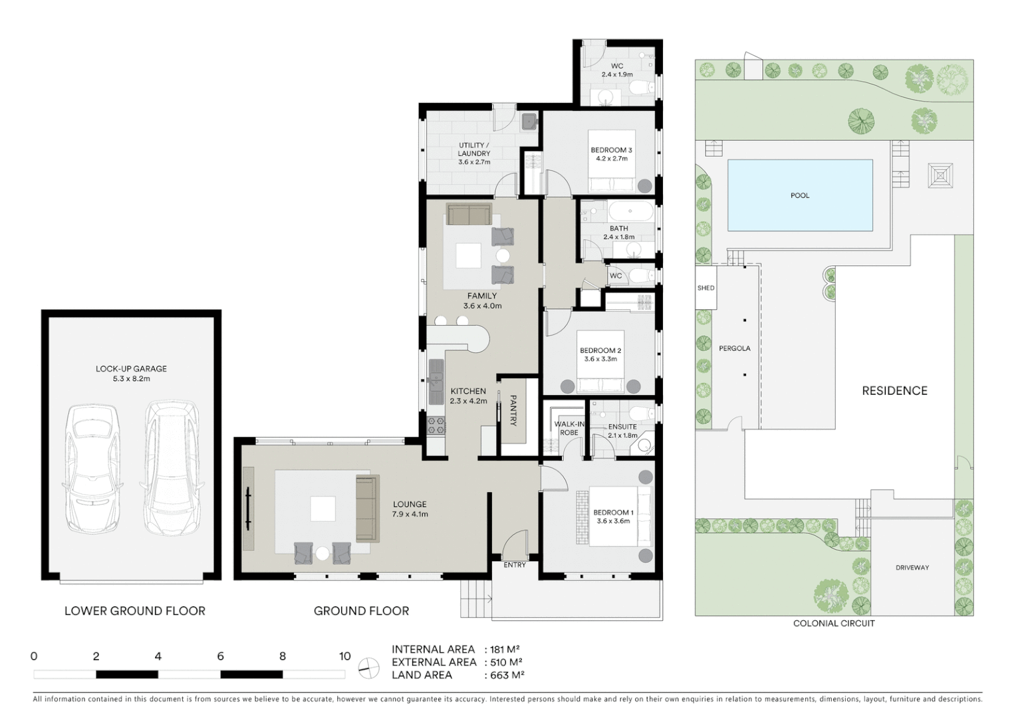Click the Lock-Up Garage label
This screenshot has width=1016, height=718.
pyautogui.click(x=131, y=369)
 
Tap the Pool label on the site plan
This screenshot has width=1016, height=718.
pyautogui.click(x=800, y=195)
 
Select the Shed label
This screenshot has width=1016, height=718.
pyautogui.click(x=706, y=288)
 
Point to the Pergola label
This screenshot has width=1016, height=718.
pyautogui.click(x=734, y=348)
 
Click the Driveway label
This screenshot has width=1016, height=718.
pyautogui.click(x=912, y=568)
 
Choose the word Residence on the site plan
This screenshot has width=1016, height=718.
pyautogui.click(x=894, y=391)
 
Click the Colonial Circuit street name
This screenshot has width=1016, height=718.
pyautogui.click(x=834, y=624)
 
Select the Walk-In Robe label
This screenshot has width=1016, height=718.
pyautogui.click(x=569, y=428)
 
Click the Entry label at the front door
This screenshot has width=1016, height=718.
pyautogui.click(x=515, y=565)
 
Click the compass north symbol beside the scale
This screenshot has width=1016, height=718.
pyautogui.click(x=368, y=667)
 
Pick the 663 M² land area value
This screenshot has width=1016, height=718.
pyautogui.click(x=504, y=675)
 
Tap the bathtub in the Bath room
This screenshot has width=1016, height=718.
pyautogui.click(x=631, y=213)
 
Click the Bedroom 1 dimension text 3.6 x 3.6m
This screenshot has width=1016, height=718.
pyautogui.click(x=612, y=521)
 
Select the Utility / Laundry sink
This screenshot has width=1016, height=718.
pyautogui.click(x=529, y=122)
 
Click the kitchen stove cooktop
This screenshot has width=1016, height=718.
pyautogui.click(x=436, y=425)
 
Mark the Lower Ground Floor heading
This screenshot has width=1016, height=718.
pyautogui.click(x=134, y=611)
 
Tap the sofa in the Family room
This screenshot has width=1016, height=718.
pyautogui.click(x=469, y=215)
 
